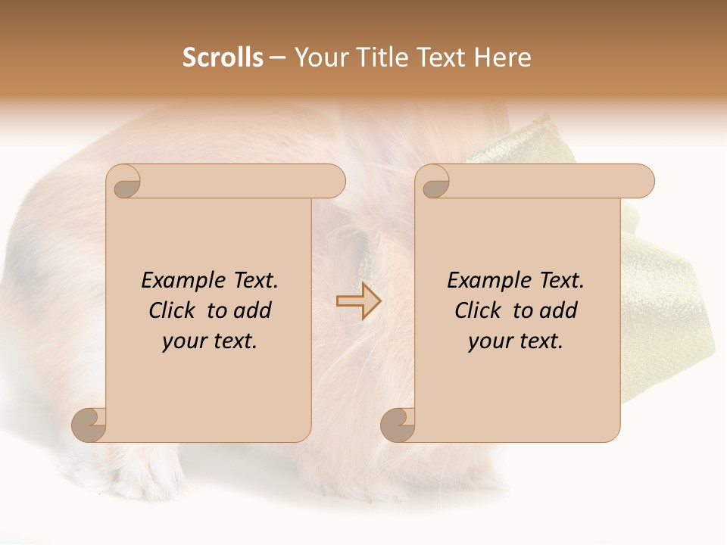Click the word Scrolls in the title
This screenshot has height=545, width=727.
(223, 58)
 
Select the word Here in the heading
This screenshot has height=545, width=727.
(503, 58)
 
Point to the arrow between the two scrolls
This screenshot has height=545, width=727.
(358, 301)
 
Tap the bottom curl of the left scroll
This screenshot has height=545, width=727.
(89, 425)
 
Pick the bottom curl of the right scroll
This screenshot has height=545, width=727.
(398, 425)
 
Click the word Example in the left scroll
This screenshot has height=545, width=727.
(182, 281)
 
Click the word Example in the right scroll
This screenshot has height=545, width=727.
(488, 281)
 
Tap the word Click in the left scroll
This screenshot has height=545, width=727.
(173, 310)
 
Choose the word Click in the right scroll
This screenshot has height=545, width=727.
(478, 310)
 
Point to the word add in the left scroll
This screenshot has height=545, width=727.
(254, 310)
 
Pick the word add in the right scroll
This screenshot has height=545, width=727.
(560, 310)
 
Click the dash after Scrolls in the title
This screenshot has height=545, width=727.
(277, 58)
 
